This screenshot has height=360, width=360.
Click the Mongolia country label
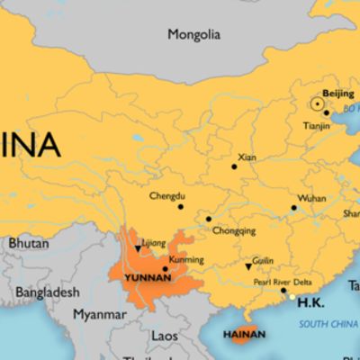tap(193, 35)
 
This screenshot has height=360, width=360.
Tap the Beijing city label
tap(337, 94)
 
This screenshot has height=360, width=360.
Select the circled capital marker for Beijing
tap(317, 103)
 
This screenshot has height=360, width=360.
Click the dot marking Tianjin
tap(326, 113)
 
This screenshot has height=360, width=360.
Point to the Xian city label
tap(247, 157)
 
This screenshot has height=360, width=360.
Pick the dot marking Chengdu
tap(180, 207)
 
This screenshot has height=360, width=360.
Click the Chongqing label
tap(233, 231)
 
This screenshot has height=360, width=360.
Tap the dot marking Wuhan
tap(293, 209)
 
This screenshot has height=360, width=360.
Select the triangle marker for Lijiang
tap(138, 248)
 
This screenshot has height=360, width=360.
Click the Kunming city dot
tap(165, 268)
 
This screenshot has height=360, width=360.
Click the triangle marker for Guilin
tap(248, 266)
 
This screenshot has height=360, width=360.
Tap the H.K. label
tap(310, 302)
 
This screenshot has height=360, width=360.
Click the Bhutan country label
tap(29, 243)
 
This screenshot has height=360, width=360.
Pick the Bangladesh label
tap(47, 292)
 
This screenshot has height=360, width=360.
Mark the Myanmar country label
tap(99, 315)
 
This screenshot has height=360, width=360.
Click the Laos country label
tap(164, 336)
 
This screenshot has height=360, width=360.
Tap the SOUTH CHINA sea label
tap(328, 323)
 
